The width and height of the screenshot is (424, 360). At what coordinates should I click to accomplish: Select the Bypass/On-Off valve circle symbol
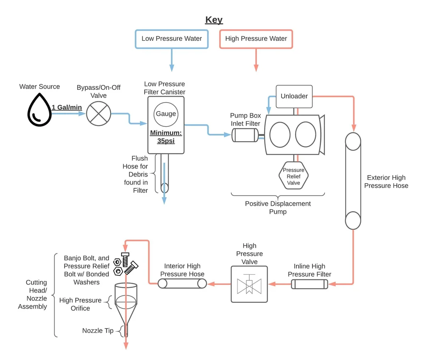[x=99, y=114]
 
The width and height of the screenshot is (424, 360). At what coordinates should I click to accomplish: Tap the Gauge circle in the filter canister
[x=166, y=114]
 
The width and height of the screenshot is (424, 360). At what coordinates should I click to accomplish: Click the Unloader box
[x=294, y=96]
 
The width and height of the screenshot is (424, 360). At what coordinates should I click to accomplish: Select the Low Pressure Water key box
[x=172, y=39]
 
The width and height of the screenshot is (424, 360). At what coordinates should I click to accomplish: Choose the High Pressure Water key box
[x=256, y=39]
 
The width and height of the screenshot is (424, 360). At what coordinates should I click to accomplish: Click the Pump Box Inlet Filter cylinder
[x=245, y=135]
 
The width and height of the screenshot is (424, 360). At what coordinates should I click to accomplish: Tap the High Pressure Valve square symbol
[x=249, y=284]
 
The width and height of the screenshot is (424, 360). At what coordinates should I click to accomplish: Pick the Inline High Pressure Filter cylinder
[x=310, y=284]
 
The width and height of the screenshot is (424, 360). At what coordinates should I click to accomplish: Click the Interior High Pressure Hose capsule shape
[x=182, y=284]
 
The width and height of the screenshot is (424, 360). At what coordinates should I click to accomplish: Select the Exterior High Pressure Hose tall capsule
[x=353, y=181]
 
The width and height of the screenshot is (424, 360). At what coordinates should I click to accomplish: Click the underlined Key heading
[x=214, y=20]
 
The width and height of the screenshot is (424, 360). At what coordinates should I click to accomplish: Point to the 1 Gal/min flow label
[x=67, y=108]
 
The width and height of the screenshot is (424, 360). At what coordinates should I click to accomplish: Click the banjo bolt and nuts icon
[x=126, y=264]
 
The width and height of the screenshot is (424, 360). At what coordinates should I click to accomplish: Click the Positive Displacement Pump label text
[x=278, y=208]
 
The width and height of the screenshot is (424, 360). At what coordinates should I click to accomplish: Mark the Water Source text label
[x=39, y=87]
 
